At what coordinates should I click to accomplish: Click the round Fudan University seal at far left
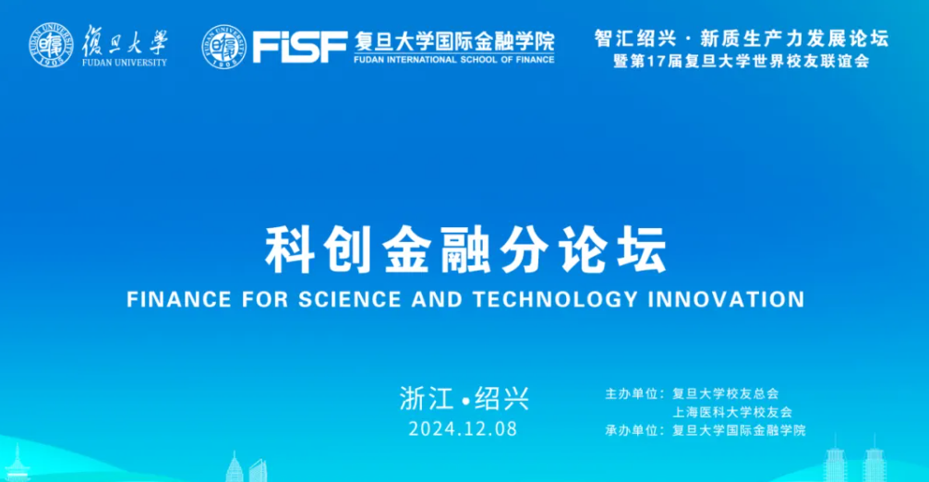click(52, 45)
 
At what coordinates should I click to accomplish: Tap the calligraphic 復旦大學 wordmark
click(125, 41)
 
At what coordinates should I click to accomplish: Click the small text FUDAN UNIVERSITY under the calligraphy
click(125, 62)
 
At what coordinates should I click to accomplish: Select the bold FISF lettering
click(300, 47)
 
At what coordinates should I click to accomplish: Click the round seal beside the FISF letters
click(224, 47)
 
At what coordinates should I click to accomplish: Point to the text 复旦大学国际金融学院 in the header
click(454, 42)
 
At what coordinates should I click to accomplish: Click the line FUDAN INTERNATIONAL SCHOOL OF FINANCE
click(454, 60)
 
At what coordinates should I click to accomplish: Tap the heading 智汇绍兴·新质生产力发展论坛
click(742, 39)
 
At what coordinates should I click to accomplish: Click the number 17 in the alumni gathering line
click(656, 61)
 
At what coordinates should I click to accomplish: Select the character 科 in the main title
click(288, 249)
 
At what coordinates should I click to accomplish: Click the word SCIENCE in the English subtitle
click(350, 299)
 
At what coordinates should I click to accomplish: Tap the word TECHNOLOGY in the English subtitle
click(555, 299)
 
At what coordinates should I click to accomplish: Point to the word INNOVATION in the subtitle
click(727, 299)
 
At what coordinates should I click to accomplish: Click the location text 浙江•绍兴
click(464, 399)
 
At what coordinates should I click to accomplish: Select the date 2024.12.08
click(463, 429)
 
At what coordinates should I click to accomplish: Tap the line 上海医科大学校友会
click(732, 412)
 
